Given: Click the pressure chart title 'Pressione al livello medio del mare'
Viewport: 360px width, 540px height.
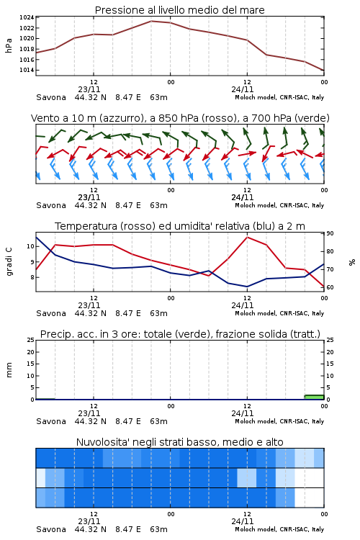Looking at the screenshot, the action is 179,10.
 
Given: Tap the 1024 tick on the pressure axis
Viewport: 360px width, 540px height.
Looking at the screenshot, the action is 27,17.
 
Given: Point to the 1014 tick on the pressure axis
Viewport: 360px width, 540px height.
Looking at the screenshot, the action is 27,70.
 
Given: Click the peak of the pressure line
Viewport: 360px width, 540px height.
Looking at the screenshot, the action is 151,21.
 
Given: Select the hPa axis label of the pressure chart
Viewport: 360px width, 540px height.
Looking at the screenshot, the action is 9,45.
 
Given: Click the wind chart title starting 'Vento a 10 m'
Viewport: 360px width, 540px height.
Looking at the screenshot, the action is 180,118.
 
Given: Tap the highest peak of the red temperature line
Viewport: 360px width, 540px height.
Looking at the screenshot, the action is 247,237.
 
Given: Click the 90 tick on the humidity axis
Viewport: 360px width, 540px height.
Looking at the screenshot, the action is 330,233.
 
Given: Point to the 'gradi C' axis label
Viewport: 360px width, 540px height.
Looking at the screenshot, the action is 9,262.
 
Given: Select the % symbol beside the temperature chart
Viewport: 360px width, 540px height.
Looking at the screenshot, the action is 352,262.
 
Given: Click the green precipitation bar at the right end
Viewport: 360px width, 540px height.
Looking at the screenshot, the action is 314,397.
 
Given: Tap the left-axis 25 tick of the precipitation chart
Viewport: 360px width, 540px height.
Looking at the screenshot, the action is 31,340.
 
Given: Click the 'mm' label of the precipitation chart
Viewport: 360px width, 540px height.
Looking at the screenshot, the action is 9,370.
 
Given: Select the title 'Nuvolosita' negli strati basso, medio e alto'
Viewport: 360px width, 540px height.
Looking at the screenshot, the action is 179,442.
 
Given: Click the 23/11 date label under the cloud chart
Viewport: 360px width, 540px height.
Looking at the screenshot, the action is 89,521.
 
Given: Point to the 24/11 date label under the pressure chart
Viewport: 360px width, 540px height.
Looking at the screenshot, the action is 243,89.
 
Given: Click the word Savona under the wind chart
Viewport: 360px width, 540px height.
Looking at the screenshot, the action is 51,205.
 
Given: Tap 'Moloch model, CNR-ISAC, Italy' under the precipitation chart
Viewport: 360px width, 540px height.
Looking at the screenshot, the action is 279,421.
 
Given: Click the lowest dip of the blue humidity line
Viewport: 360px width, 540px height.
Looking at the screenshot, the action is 247,287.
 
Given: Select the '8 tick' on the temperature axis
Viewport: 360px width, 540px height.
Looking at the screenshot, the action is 32,277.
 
